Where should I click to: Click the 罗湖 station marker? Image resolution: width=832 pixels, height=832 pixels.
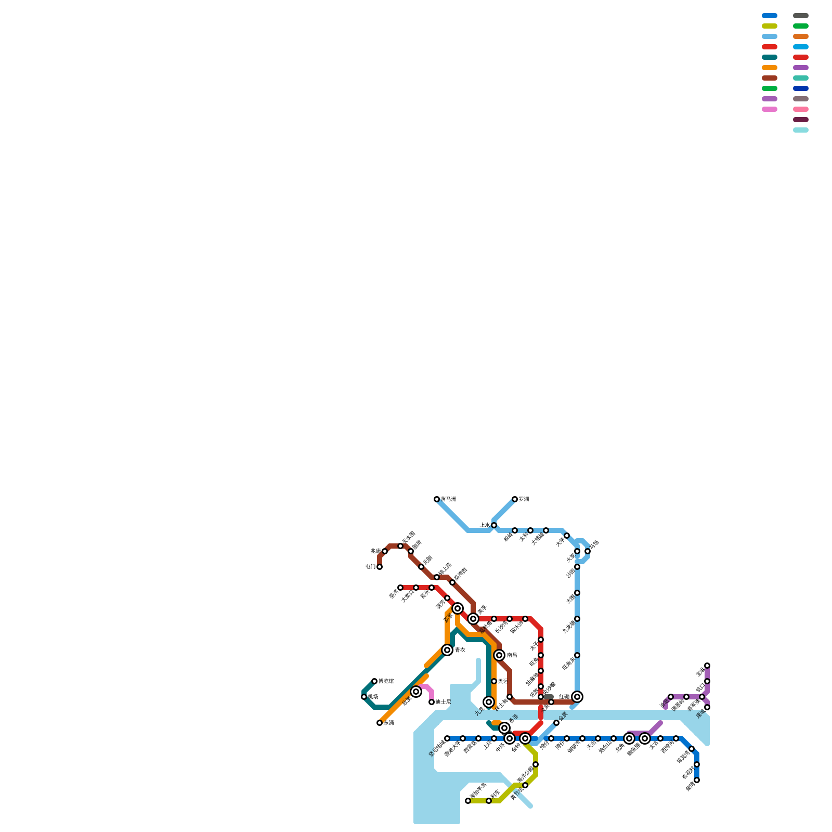[x=515, y=499]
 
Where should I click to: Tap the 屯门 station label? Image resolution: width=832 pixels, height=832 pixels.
[x=370, y=567]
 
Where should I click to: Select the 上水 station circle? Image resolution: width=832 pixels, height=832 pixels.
[x=494, y=525]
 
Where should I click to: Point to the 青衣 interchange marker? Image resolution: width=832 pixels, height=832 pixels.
[x=447, y=650]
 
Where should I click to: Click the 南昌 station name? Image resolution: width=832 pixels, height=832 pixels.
[x=512, y=655]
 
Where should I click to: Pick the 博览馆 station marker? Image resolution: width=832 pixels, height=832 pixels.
[x=374, y=681]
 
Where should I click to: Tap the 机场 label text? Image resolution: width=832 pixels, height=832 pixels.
[x=373, y=697]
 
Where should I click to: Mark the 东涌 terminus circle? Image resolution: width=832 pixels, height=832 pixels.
[x=380, y=723]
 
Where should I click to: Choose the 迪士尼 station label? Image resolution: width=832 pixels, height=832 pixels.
[x=443, y=702]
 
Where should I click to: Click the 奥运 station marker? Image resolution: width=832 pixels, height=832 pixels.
[x=494, y=681]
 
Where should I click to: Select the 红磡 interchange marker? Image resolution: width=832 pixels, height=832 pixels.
[x=577, y=697]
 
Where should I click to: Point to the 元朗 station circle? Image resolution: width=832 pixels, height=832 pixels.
[x=421, y=567]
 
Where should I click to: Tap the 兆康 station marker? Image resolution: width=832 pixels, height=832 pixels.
[x=385, y=551]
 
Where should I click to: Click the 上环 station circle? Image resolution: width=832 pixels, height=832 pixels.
[x=494, y=738]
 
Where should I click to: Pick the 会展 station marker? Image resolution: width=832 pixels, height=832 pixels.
[x=556, y=723]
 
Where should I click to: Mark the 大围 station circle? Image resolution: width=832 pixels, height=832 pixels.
[x=577, y=593]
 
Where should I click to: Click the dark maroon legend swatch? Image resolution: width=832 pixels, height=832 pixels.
[x=801, y=120]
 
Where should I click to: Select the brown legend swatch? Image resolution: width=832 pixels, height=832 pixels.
[x=770, y=78]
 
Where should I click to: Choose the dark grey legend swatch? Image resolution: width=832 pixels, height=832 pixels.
[x=801, y=16]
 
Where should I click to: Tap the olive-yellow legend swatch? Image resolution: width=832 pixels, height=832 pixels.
[x=770, y=26]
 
